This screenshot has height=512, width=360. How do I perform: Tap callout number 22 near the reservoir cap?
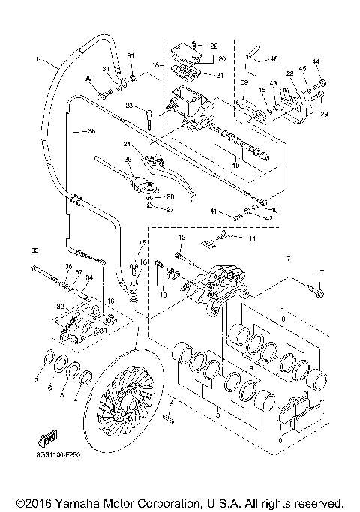[x=214, y=46]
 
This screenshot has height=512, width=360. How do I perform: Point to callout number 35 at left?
[x=34, y=250]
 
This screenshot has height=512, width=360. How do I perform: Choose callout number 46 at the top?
[x=274, y=58]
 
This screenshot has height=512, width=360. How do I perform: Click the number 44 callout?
[x=316, y=61]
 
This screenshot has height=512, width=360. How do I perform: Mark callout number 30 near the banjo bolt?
[x=88, y=79]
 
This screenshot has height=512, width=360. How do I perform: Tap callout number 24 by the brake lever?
[x=127, y=145]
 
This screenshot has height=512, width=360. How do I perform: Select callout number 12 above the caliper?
[x=181, y=237]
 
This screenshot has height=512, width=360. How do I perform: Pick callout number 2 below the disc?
[x=172, y=403]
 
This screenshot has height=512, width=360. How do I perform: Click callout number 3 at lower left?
[x=37, y=382]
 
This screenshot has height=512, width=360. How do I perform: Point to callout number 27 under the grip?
[x=170, y=210]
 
